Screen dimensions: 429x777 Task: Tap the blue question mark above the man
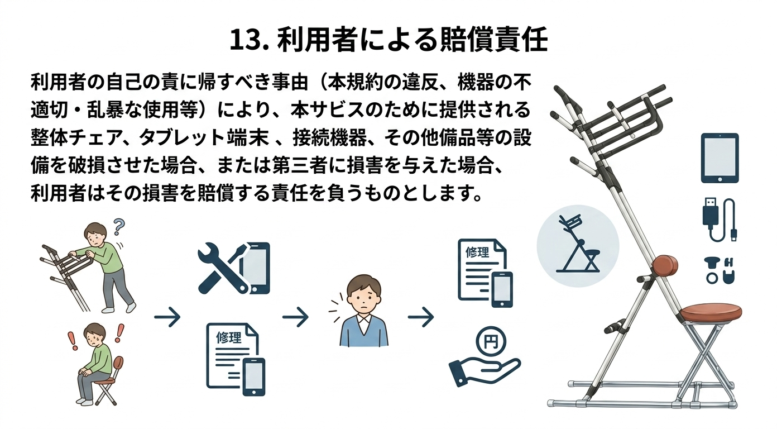(119, 226)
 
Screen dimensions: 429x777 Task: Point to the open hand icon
(483, 369)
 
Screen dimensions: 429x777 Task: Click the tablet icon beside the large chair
(720, 158)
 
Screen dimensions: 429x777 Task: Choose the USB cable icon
(718, 220)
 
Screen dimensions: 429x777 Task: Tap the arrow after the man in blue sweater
(421, 318)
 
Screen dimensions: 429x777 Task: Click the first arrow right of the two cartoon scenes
(167, 318)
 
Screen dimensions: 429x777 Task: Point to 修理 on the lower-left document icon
(228, 337)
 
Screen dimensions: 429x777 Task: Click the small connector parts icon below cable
(720, 269)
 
